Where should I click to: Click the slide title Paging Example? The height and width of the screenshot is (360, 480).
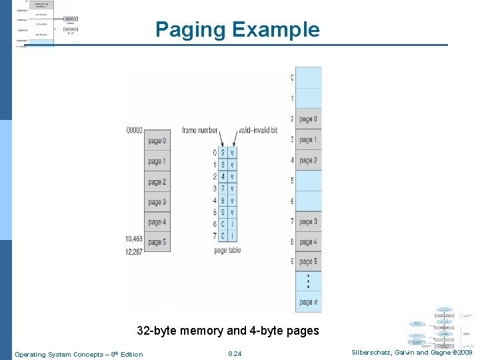237,29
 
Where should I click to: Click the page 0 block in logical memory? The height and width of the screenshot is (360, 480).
157,141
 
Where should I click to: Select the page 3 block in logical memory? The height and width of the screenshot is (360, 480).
157,202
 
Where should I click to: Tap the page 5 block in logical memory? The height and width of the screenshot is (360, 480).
157,242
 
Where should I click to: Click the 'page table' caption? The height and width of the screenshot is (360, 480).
227,251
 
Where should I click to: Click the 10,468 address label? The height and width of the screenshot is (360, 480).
133,239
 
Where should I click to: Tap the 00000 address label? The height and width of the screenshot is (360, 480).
134,131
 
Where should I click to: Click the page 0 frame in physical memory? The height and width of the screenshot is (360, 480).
308,119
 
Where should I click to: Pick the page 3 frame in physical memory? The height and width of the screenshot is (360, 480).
308,221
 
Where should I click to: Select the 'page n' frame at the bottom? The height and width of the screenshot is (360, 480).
308,302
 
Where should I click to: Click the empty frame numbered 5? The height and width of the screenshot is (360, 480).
308,181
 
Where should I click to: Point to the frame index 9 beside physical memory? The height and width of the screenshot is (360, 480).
291,262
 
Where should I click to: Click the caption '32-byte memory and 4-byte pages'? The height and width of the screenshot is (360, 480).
227,331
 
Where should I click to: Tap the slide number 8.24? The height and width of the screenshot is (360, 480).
235,354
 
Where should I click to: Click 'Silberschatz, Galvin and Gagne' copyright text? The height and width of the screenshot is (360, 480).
410,353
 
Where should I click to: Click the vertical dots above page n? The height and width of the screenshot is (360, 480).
308,281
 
